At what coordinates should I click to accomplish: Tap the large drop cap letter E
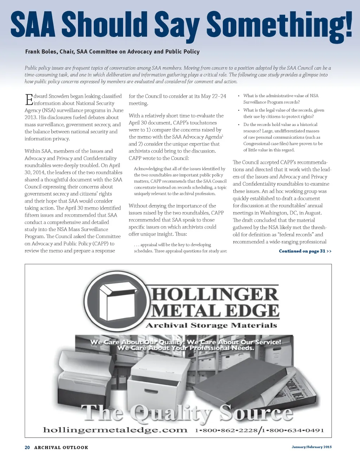(29, 100)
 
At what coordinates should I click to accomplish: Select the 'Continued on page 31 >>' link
(305, 251)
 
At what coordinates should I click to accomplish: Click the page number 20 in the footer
(27, 447)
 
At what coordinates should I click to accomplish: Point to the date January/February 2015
(311, 447)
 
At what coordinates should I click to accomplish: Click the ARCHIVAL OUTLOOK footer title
(61, 447)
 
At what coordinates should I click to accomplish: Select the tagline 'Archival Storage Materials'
(211, 325)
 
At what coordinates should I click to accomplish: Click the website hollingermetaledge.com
(115, 430)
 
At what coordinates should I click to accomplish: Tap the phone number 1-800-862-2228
(226, 430)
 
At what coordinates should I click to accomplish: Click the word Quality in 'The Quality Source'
(171, 413)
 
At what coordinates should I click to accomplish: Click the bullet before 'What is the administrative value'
(239, 96)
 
